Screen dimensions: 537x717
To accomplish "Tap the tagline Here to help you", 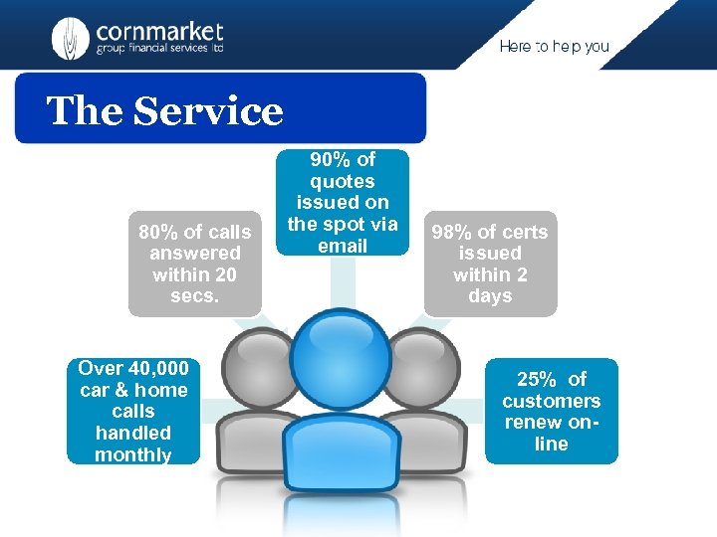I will point(554,47).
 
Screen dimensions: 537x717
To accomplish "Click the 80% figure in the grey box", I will point(157,232).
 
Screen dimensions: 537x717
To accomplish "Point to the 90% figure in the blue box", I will point(328,159).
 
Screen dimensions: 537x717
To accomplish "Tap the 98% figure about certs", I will point(451,232).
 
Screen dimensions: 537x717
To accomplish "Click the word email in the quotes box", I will point(343,245).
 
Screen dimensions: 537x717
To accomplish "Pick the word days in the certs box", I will point(490,295).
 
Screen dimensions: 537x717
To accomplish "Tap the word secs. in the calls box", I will point(194,295).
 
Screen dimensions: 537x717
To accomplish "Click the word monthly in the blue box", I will point(133,454).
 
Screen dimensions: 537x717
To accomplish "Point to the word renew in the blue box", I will point(533,422).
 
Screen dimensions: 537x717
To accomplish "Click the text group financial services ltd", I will point(159,48).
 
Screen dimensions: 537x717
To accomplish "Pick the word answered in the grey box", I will point(195,253).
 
